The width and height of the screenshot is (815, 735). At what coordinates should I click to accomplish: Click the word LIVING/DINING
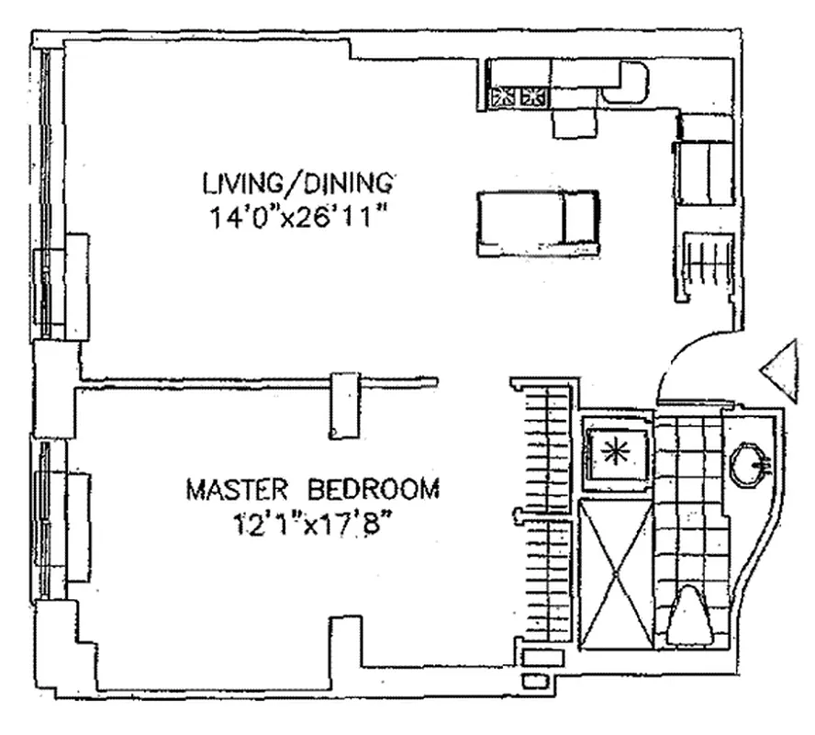298,181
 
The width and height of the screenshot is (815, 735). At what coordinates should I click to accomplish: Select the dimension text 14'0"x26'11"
298,220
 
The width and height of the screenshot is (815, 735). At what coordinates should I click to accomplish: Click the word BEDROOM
374,488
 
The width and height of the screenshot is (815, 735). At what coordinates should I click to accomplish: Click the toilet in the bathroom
690,618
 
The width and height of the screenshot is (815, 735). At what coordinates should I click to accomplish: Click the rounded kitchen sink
626,82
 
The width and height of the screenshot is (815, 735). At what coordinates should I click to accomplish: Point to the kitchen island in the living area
537,221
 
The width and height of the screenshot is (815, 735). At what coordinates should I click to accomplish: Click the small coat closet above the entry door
705,266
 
